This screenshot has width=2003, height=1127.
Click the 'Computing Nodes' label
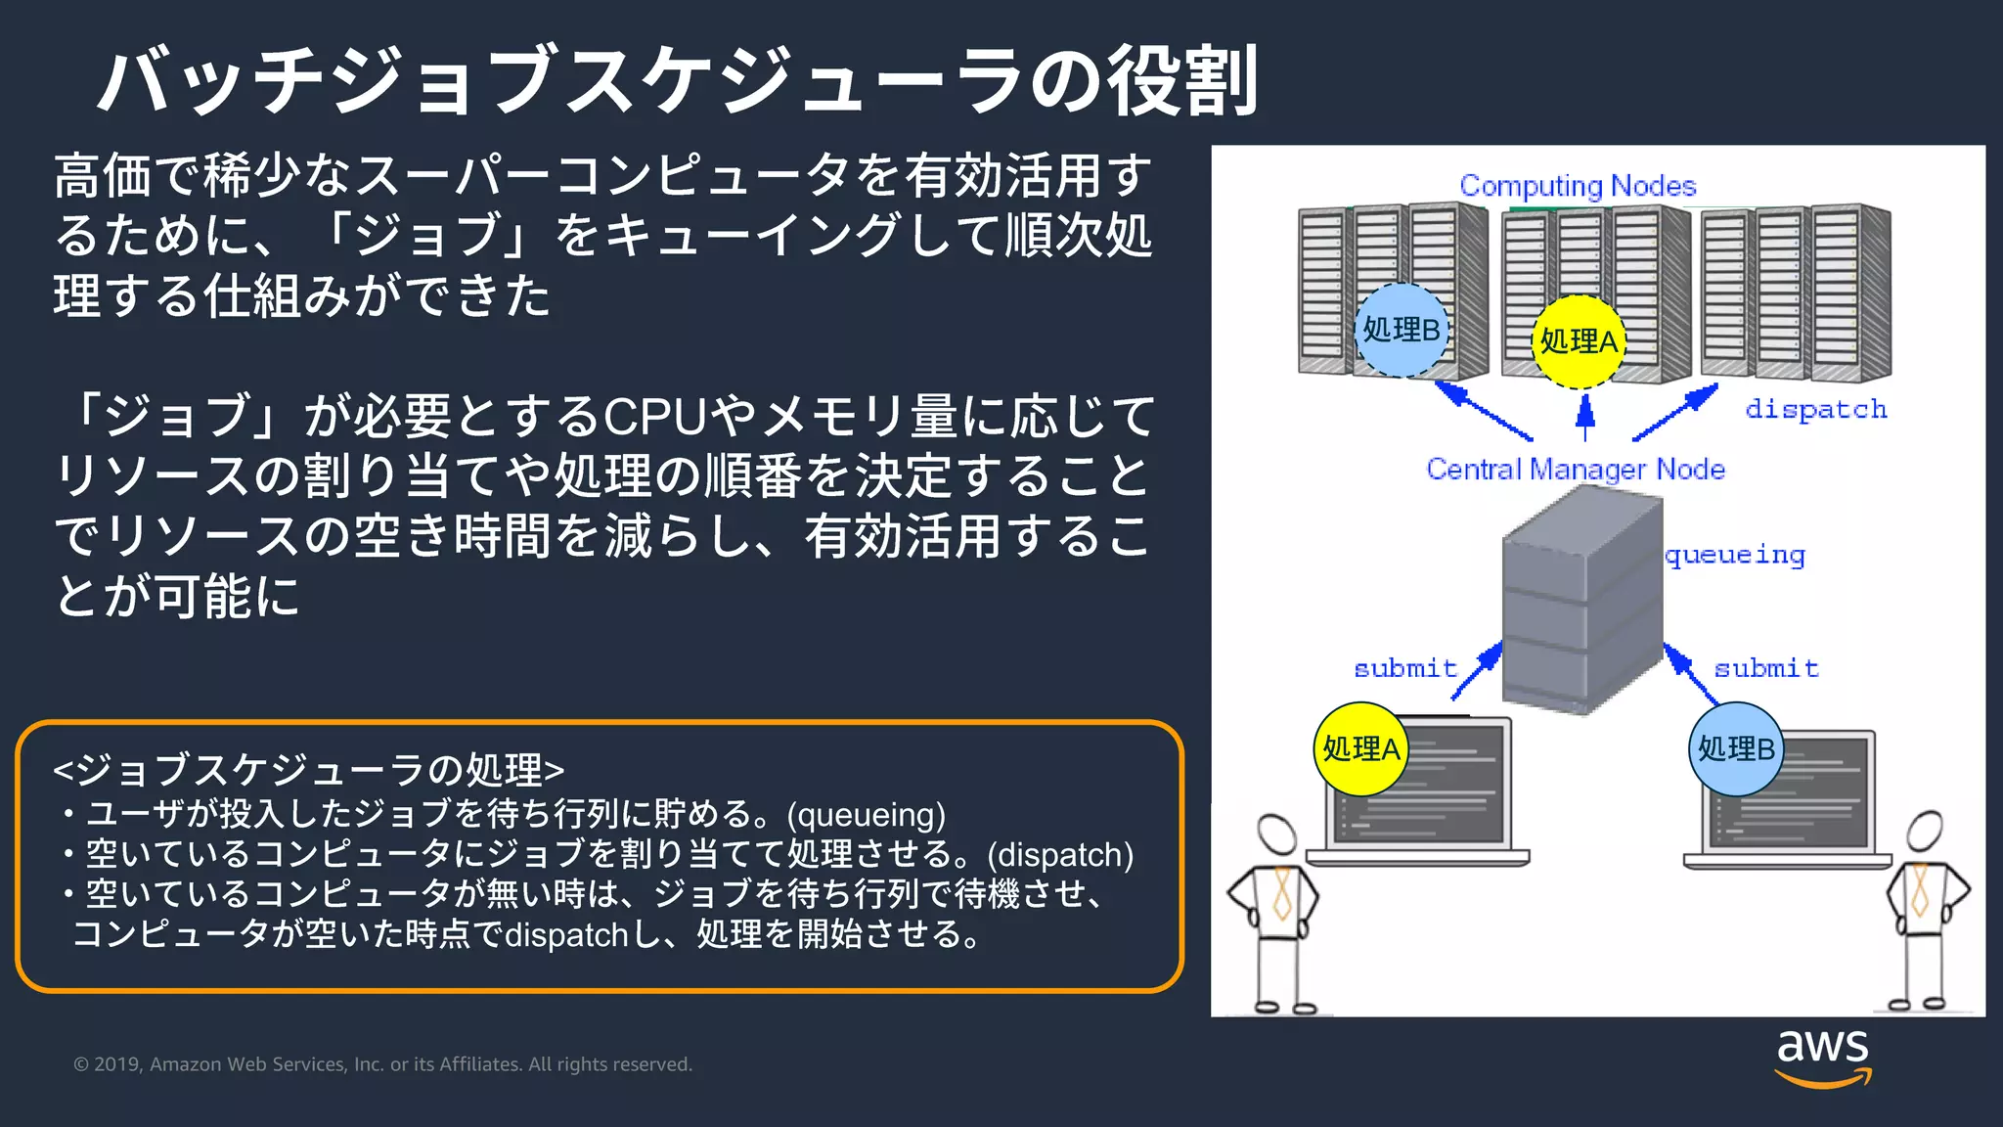click(1577, 186)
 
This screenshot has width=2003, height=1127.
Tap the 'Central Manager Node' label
click(1575, 470)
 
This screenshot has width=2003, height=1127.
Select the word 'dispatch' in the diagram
click(1815, 409)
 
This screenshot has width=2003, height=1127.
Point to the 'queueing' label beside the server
click(1734, 556)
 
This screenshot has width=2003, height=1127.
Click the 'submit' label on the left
click(1404, 668)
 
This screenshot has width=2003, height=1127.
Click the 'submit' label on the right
click(1765, 668)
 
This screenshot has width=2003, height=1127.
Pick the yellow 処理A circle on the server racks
click(1578, 341)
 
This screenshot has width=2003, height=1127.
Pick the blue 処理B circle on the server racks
click(1401, 331)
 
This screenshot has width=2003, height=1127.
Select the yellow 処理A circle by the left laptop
click(1360, 749)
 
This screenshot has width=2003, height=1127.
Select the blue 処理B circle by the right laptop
click(1736, 749)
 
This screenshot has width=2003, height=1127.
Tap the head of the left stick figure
click(1276, 834)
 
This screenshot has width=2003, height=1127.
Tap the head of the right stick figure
click(1925, 832)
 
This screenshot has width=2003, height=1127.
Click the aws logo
click(1822, 1057)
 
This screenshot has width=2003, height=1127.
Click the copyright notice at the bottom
click(382, 1064)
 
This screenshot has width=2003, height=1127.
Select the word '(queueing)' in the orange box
click(866, 815)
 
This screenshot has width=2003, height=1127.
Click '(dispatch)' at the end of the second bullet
click(1060, 855)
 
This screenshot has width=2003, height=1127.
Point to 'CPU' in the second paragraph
click(654, 417)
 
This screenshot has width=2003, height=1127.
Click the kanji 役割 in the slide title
click(1181, 81)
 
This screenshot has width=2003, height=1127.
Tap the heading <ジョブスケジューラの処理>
click(308, 770)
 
